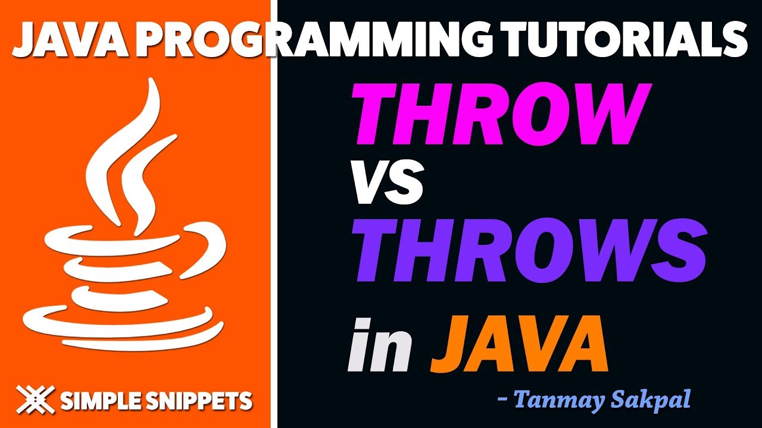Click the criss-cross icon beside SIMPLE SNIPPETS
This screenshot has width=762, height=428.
click(35, 399)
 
